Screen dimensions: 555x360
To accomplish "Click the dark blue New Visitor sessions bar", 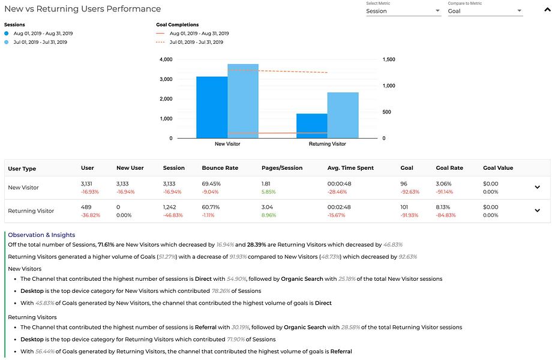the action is [x=212, y=107].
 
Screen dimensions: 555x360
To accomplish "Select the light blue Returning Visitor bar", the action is [x=343, y=115].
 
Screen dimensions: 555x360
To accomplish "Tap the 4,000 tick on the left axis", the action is [x=166, y=59].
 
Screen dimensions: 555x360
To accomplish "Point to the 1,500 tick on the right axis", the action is [x=389, y=59].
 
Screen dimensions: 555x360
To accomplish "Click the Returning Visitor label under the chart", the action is [x=327, y=144].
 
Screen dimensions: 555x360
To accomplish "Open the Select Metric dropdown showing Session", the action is [x=404, y=11].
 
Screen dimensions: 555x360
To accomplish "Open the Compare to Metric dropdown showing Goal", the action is [x=485, y=11].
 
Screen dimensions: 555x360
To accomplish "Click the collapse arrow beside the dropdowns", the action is [x=547, y=10].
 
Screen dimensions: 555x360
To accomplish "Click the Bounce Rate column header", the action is [x=220, y=168].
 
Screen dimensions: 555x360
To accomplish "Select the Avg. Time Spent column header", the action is [x=350, y=168].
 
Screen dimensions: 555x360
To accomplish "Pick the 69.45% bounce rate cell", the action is [x=211, y=184].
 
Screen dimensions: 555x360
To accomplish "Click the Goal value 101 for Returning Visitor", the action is [x=404, y=207].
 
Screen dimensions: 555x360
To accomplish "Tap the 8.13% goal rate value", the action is [x=443, y=207].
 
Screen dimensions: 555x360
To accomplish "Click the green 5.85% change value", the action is [x=268, y=192].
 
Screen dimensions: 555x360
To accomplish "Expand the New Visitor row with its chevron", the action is [x=538, y=187].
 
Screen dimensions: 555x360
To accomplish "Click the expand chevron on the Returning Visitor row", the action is [x=538, y=210].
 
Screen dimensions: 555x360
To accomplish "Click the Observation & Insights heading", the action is [x=41, y=235].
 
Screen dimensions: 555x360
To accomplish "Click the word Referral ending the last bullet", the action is [x=341, y=352].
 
